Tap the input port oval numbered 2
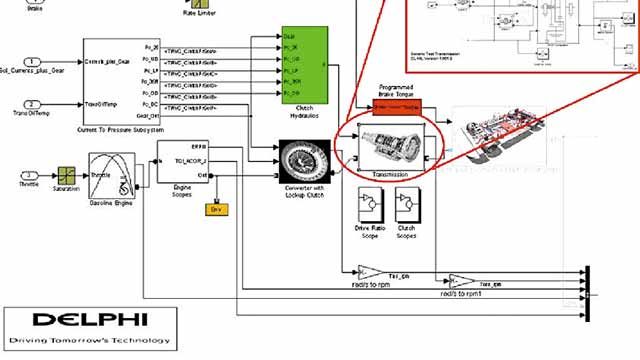pos(32,104)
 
